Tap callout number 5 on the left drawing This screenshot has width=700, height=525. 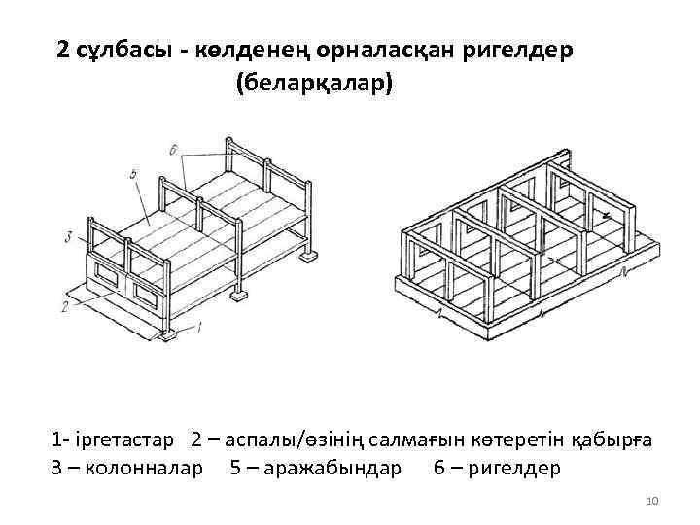pos(131,175)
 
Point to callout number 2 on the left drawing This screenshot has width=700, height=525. pos(63,307)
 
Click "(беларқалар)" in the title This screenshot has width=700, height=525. pos(313,85)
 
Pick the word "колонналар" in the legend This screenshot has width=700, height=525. pos(145,469)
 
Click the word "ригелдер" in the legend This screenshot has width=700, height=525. pos(513,469)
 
